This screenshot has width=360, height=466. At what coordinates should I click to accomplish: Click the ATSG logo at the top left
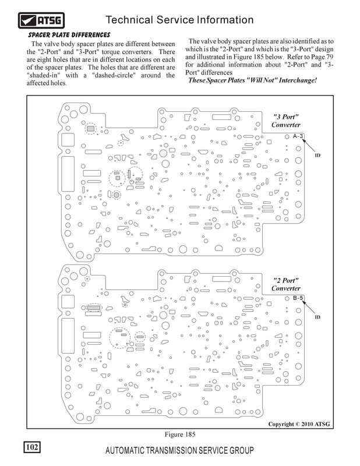[x=41, y=20]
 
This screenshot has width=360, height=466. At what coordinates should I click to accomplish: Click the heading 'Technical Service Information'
[x=179, y=20]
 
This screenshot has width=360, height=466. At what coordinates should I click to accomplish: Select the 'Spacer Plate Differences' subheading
[x=69, y=35]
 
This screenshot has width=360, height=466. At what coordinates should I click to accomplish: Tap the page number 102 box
[x=32, y=447]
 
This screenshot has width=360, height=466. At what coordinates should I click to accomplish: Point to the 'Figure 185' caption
[x=180, y=434]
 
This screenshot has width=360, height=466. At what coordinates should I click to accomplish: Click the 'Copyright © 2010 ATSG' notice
[x=299, y=424]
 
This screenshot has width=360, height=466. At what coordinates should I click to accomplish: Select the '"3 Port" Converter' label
[x=285, y=121]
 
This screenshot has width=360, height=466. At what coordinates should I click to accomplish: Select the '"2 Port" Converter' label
[x=285, y=284]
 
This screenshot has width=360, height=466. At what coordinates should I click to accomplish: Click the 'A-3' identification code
[x=298, y=136]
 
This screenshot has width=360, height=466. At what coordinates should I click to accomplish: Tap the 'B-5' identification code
[x=298, y=298]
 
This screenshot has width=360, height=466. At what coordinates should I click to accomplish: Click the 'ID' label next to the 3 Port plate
[x=317, y=155]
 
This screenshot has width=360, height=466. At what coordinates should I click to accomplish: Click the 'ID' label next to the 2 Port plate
[x=317, y=317]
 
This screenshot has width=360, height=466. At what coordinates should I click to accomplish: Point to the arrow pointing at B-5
[x=309, y=308]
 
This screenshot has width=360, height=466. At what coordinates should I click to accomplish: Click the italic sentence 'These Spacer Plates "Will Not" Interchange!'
[x=252, y=80]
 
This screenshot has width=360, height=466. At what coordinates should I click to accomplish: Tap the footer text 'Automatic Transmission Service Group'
[x=179, y=450]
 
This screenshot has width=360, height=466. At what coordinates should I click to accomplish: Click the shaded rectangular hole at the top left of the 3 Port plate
[x=90, y=129]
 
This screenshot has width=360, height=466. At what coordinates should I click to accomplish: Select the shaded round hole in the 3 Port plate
[x=117, y=195]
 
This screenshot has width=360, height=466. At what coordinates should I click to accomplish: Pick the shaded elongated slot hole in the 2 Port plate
[x=94, y=308]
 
